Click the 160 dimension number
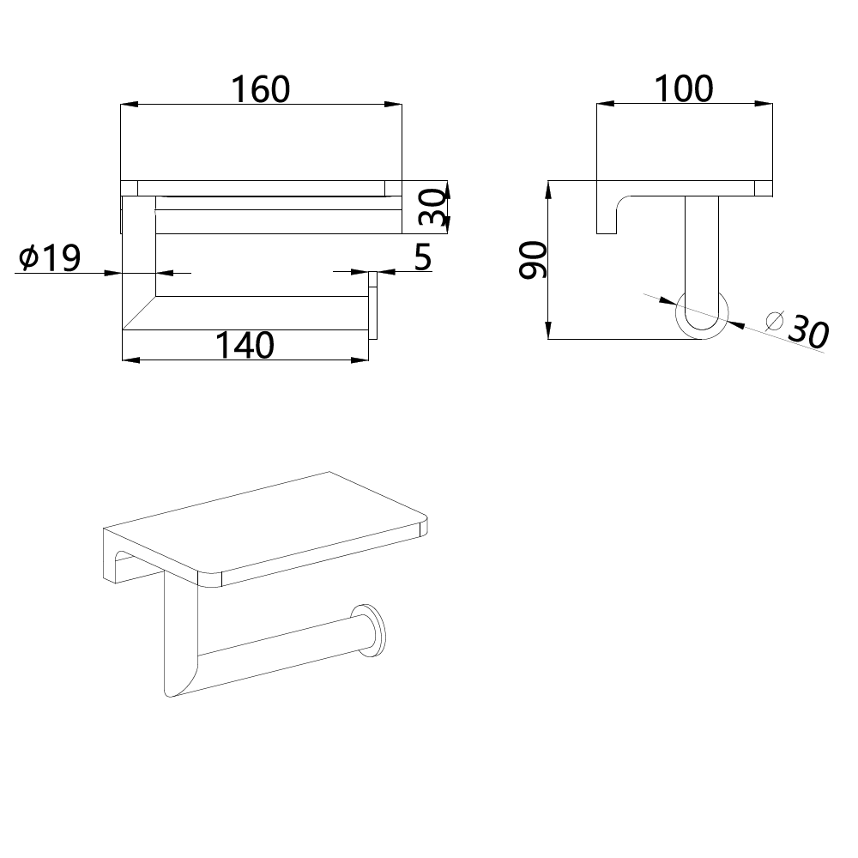click(x=261, y=89)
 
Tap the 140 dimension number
click(x=245, y=345)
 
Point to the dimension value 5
click(x=423, y=257)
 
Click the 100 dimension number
click(x=684, y=88)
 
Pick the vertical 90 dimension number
click(x=534, y=261)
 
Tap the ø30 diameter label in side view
click(x=799, y=329)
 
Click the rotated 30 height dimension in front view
click(x=432, y=208)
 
